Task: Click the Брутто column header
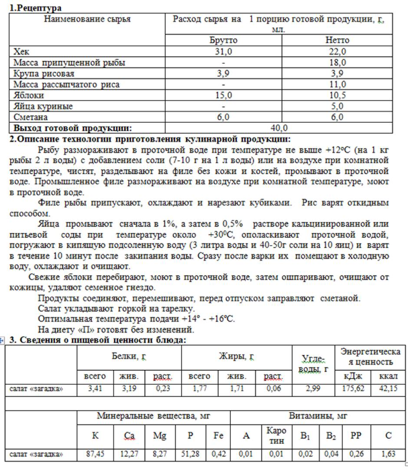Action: tap(223, 40)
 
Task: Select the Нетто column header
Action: tap(337, 40)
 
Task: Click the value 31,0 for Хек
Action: tap(223, 51)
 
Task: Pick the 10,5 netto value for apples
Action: tap(337, 95)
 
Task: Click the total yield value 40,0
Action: tap(278, 127)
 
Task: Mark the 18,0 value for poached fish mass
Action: tap(337, 62)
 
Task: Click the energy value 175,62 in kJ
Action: tap(353, 388)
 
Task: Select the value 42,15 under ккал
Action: tap(389, 388)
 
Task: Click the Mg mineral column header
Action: tap(159, 436)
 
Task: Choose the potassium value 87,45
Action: tap(95, 455)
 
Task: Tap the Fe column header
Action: tap(218, 436)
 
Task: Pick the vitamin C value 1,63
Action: tap(389, 455)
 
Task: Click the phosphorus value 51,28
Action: tap(191, 455)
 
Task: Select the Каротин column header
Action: tap(276, 436)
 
